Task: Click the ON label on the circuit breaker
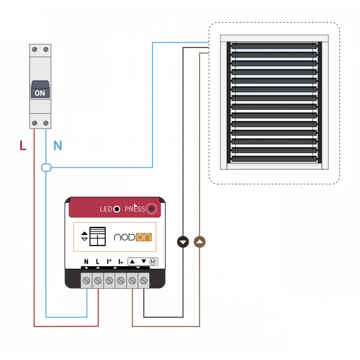click(40, 93)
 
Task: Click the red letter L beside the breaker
click(23, 145)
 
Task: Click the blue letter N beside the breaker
click(58, 145)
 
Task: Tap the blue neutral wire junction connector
click(46, 168)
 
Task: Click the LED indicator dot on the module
click(117, 209)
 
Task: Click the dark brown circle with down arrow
click(183, 242)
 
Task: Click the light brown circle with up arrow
click(200, 242)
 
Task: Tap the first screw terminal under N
click(86, 281)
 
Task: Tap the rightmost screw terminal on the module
click(144, 281)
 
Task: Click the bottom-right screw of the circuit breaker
click(45, 122)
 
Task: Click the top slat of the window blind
click(274, 46)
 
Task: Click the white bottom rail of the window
click(274, 166)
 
